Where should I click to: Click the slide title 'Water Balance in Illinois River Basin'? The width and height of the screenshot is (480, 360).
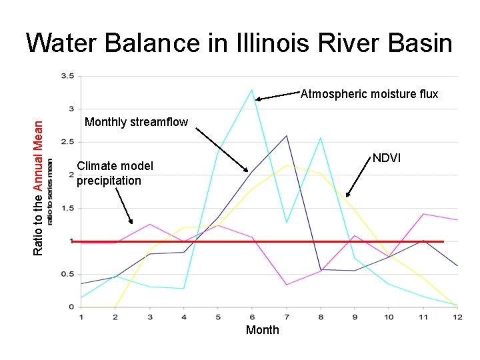[239, 43]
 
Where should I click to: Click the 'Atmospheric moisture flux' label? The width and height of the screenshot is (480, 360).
[369, 94]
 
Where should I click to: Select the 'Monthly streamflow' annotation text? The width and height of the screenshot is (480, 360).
[137, 122]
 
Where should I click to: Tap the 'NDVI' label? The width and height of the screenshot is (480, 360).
[386, 158]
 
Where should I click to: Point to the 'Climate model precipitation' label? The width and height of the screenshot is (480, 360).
[115, 173]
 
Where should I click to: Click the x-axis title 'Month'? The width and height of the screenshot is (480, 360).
[263, 330]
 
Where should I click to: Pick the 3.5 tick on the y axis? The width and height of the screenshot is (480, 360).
[67, 76]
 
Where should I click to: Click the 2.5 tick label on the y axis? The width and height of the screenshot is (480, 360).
[67, 142]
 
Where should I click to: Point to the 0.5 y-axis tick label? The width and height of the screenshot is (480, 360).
[67, 274]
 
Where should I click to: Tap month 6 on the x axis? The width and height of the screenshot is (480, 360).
[252, 316]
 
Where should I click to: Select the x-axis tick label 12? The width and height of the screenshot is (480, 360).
[457, 316]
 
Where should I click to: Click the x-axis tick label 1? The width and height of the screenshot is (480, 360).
[81, 316]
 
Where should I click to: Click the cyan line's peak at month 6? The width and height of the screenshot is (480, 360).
[252, 89]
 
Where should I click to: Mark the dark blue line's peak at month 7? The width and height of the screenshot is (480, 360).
[287, 136]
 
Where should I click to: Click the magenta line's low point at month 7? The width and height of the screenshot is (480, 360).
[287, 285]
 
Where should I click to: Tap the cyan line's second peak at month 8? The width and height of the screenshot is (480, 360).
[321, 138]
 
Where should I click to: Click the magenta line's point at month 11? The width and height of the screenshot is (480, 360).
[423, 214]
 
